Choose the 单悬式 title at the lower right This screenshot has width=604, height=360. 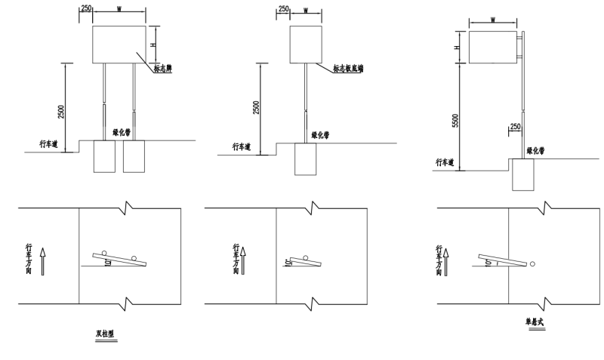click(x=535, y=322)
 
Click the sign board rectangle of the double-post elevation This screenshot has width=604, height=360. click(x=120, y=45)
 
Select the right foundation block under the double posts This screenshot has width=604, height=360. click(x=134, y=155)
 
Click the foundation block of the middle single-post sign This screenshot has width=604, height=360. click(x=305, y=158)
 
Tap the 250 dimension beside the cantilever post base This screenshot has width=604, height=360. click(x=516, y=127)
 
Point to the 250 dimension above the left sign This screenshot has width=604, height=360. click(x=85, y=8)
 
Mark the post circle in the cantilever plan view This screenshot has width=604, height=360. click(x=533, y=264)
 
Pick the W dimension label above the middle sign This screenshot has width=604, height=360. click(x=305, y=11)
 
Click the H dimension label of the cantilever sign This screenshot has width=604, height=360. click(x=458, y=47)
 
